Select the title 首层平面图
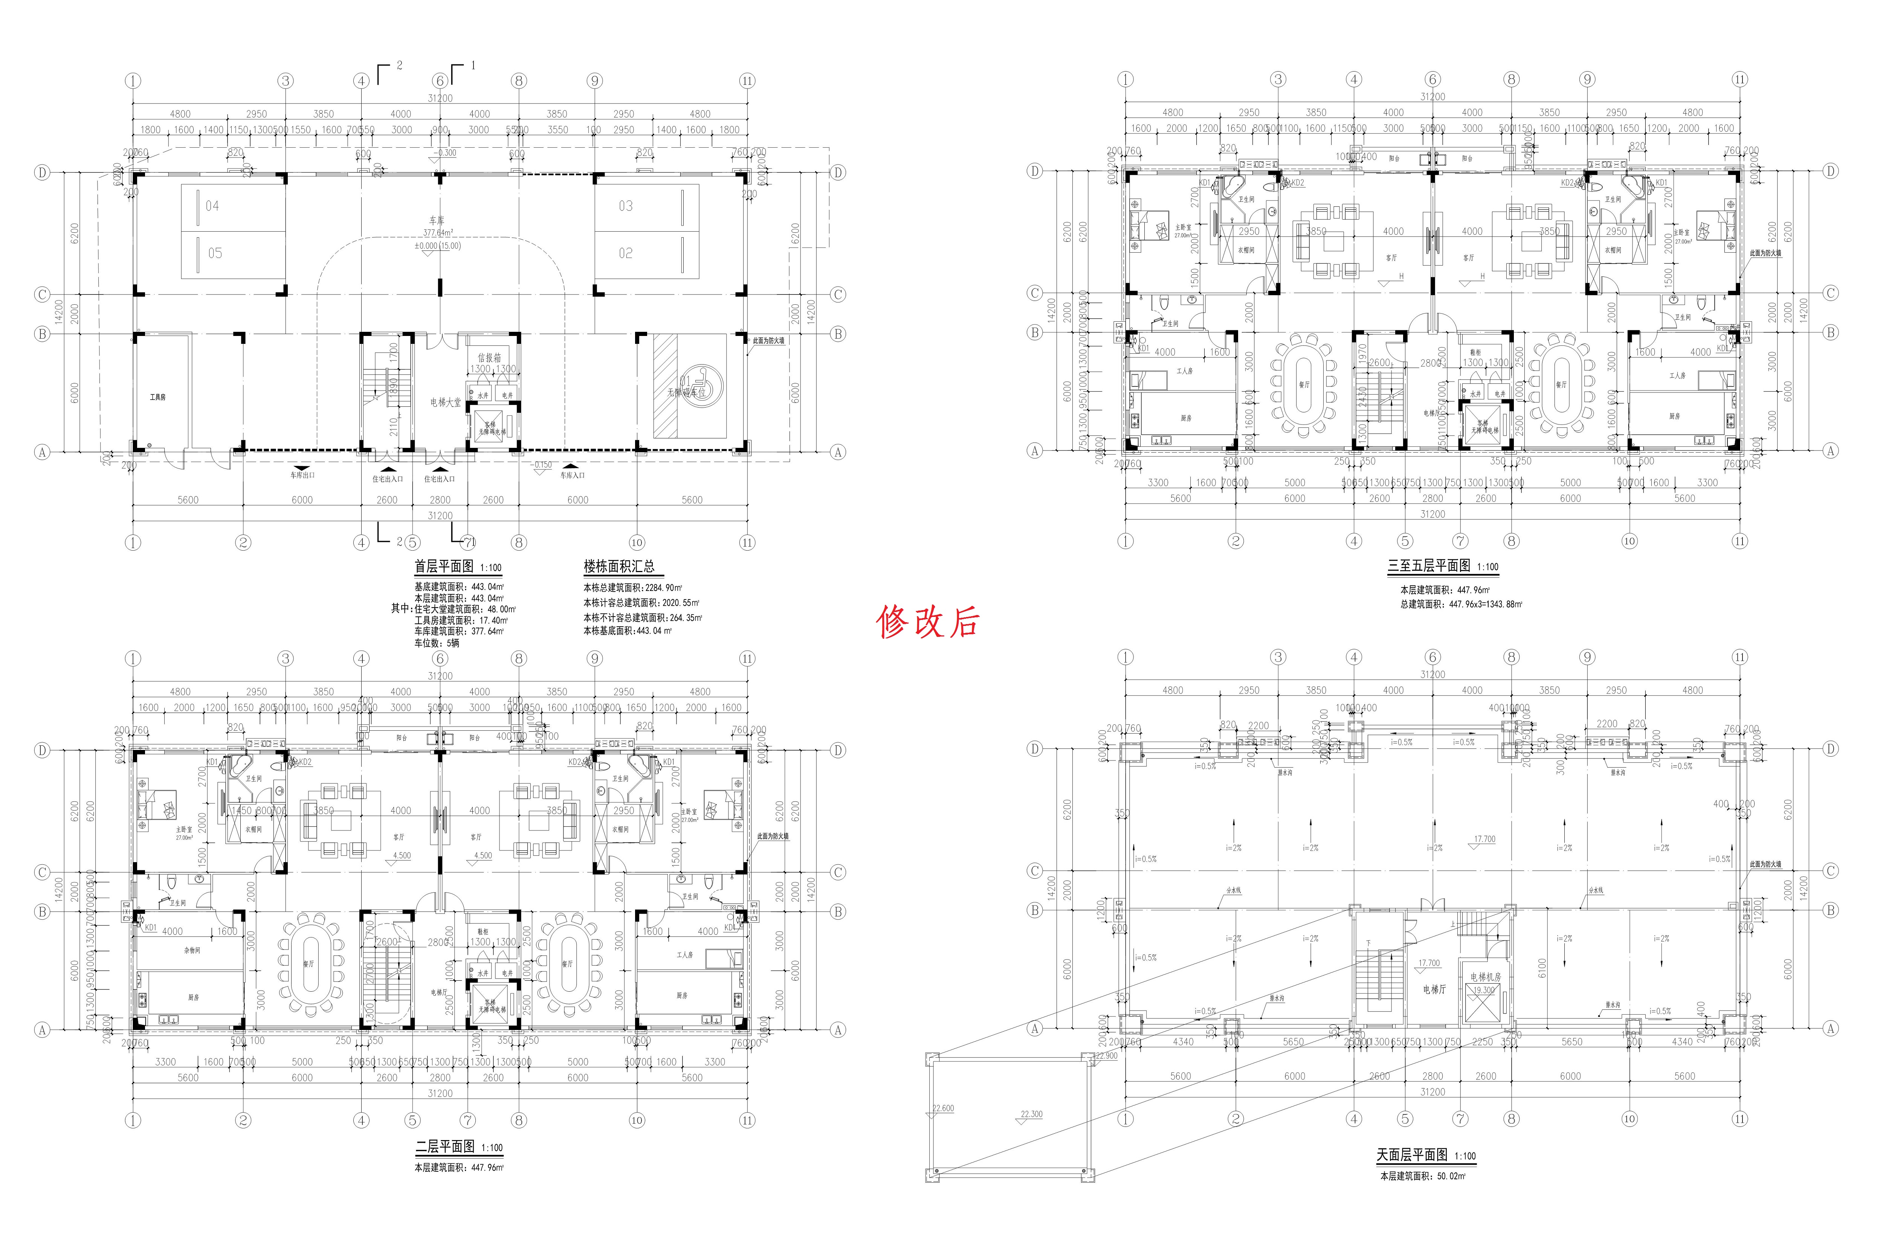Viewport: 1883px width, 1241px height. pos(444,567)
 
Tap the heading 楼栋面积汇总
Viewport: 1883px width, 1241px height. pos(619,567)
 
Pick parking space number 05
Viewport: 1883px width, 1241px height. pos(214,253)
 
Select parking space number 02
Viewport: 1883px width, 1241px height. pos(626,253)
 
